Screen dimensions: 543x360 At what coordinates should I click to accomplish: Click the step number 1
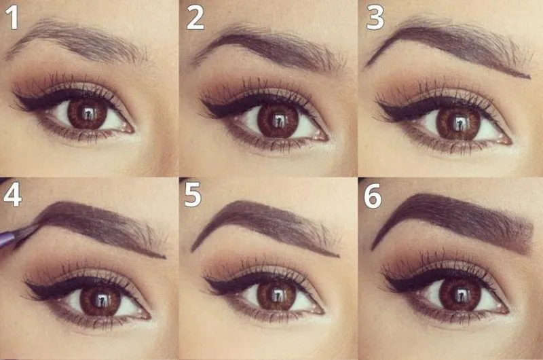click(x=13, y=18)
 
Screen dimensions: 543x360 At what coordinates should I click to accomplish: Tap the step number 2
click(x=195, y=18)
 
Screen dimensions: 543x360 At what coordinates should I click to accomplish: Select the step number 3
click(x=375, y=18)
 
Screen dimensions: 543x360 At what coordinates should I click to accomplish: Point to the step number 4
click(x=12, y=195)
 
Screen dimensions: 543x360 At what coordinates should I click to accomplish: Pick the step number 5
click(x=193, y=195)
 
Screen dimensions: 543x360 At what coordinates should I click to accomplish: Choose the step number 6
click(x=373, y=196)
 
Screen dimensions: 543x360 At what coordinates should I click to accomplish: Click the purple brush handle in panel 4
click(x=7, y=236)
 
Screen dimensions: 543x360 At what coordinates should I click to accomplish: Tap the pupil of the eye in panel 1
click(x=88, y=113)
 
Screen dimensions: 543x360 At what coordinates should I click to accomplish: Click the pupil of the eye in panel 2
click(x=278, y=122)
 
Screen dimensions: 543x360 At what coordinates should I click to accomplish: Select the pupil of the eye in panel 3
click(x=459, y=124)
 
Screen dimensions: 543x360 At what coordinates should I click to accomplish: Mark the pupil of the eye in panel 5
click(x=276, y=295)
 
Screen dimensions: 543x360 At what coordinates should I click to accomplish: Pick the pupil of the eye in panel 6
click(x=459, y=295)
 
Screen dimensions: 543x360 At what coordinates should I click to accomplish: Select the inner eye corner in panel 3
click(x=509, y=141)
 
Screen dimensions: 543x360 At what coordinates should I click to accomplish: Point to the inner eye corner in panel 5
click(x=322, y=311)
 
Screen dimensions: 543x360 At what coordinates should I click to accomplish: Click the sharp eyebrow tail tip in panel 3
click(x=529, y=77)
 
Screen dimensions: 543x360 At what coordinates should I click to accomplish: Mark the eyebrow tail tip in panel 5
click(x=338, y=256)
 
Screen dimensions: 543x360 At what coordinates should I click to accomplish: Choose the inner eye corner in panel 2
click(x=326, y=138)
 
